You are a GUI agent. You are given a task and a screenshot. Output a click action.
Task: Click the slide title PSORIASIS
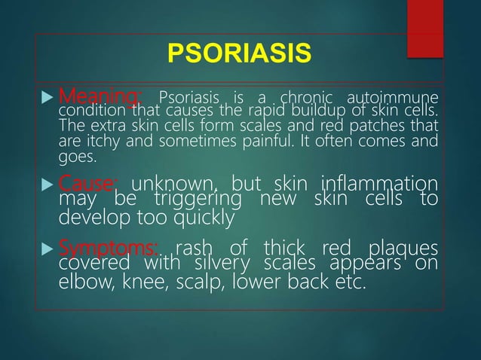(239, 55)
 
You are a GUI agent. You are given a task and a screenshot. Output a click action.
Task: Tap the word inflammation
(378, 184)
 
